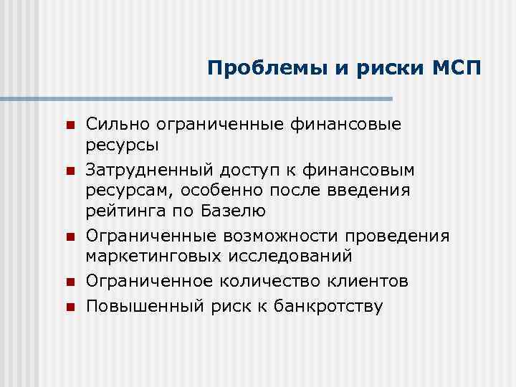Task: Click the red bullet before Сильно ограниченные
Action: point(70,125)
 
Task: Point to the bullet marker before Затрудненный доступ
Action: point(70,171)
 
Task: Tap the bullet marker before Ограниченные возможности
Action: point(70,237)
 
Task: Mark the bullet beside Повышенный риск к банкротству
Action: point(70,307)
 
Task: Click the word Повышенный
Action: point(139,306)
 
